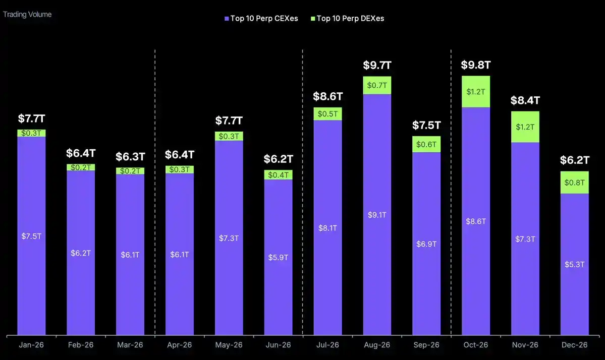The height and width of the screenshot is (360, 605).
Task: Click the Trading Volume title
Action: click(x=27, y=14)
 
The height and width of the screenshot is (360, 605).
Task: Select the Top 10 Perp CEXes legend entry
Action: click(x=261, y=19)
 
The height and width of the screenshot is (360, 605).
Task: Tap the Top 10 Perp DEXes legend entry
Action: click(x=347, y=19)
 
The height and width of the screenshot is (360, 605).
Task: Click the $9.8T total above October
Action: click(x=476, y=65)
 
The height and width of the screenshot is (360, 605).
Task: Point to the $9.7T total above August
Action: click(x=377, y=65)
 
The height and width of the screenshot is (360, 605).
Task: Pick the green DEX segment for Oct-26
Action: click(x=476, y=92)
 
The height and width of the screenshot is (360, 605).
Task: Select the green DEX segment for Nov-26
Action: click(x=525, y=127)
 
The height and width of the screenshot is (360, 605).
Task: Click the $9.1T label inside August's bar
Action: click(x=377, y=215)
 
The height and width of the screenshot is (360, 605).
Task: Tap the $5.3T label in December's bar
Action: click(x=575, y=264)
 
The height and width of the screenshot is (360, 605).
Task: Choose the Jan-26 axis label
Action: click(x=31, y=345)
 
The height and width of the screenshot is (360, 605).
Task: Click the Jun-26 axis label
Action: click(x=278, y=345)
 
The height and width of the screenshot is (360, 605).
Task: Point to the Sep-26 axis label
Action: click(x=426, y=345)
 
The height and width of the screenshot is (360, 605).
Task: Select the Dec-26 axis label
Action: click(x=575, y=345)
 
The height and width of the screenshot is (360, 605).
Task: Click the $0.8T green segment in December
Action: click(x=575, y=183)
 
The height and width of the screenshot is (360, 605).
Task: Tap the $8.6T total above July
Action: click(x=327, y=96)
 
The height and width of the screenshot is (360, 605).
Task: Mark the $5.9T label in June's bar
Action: click(x=278, y=257)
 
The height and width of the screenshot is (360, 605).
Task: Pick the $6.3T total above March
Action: click(x=130, y=157)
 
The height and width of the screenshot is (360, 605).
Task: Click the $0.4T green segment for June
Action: click(x=278, y=174)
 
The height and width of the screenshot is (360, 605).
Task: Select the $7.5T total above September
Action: click(x=426, y=125)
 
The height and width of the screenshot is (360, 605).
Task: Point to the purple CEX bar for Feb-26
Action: click(x=81, y=253)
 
